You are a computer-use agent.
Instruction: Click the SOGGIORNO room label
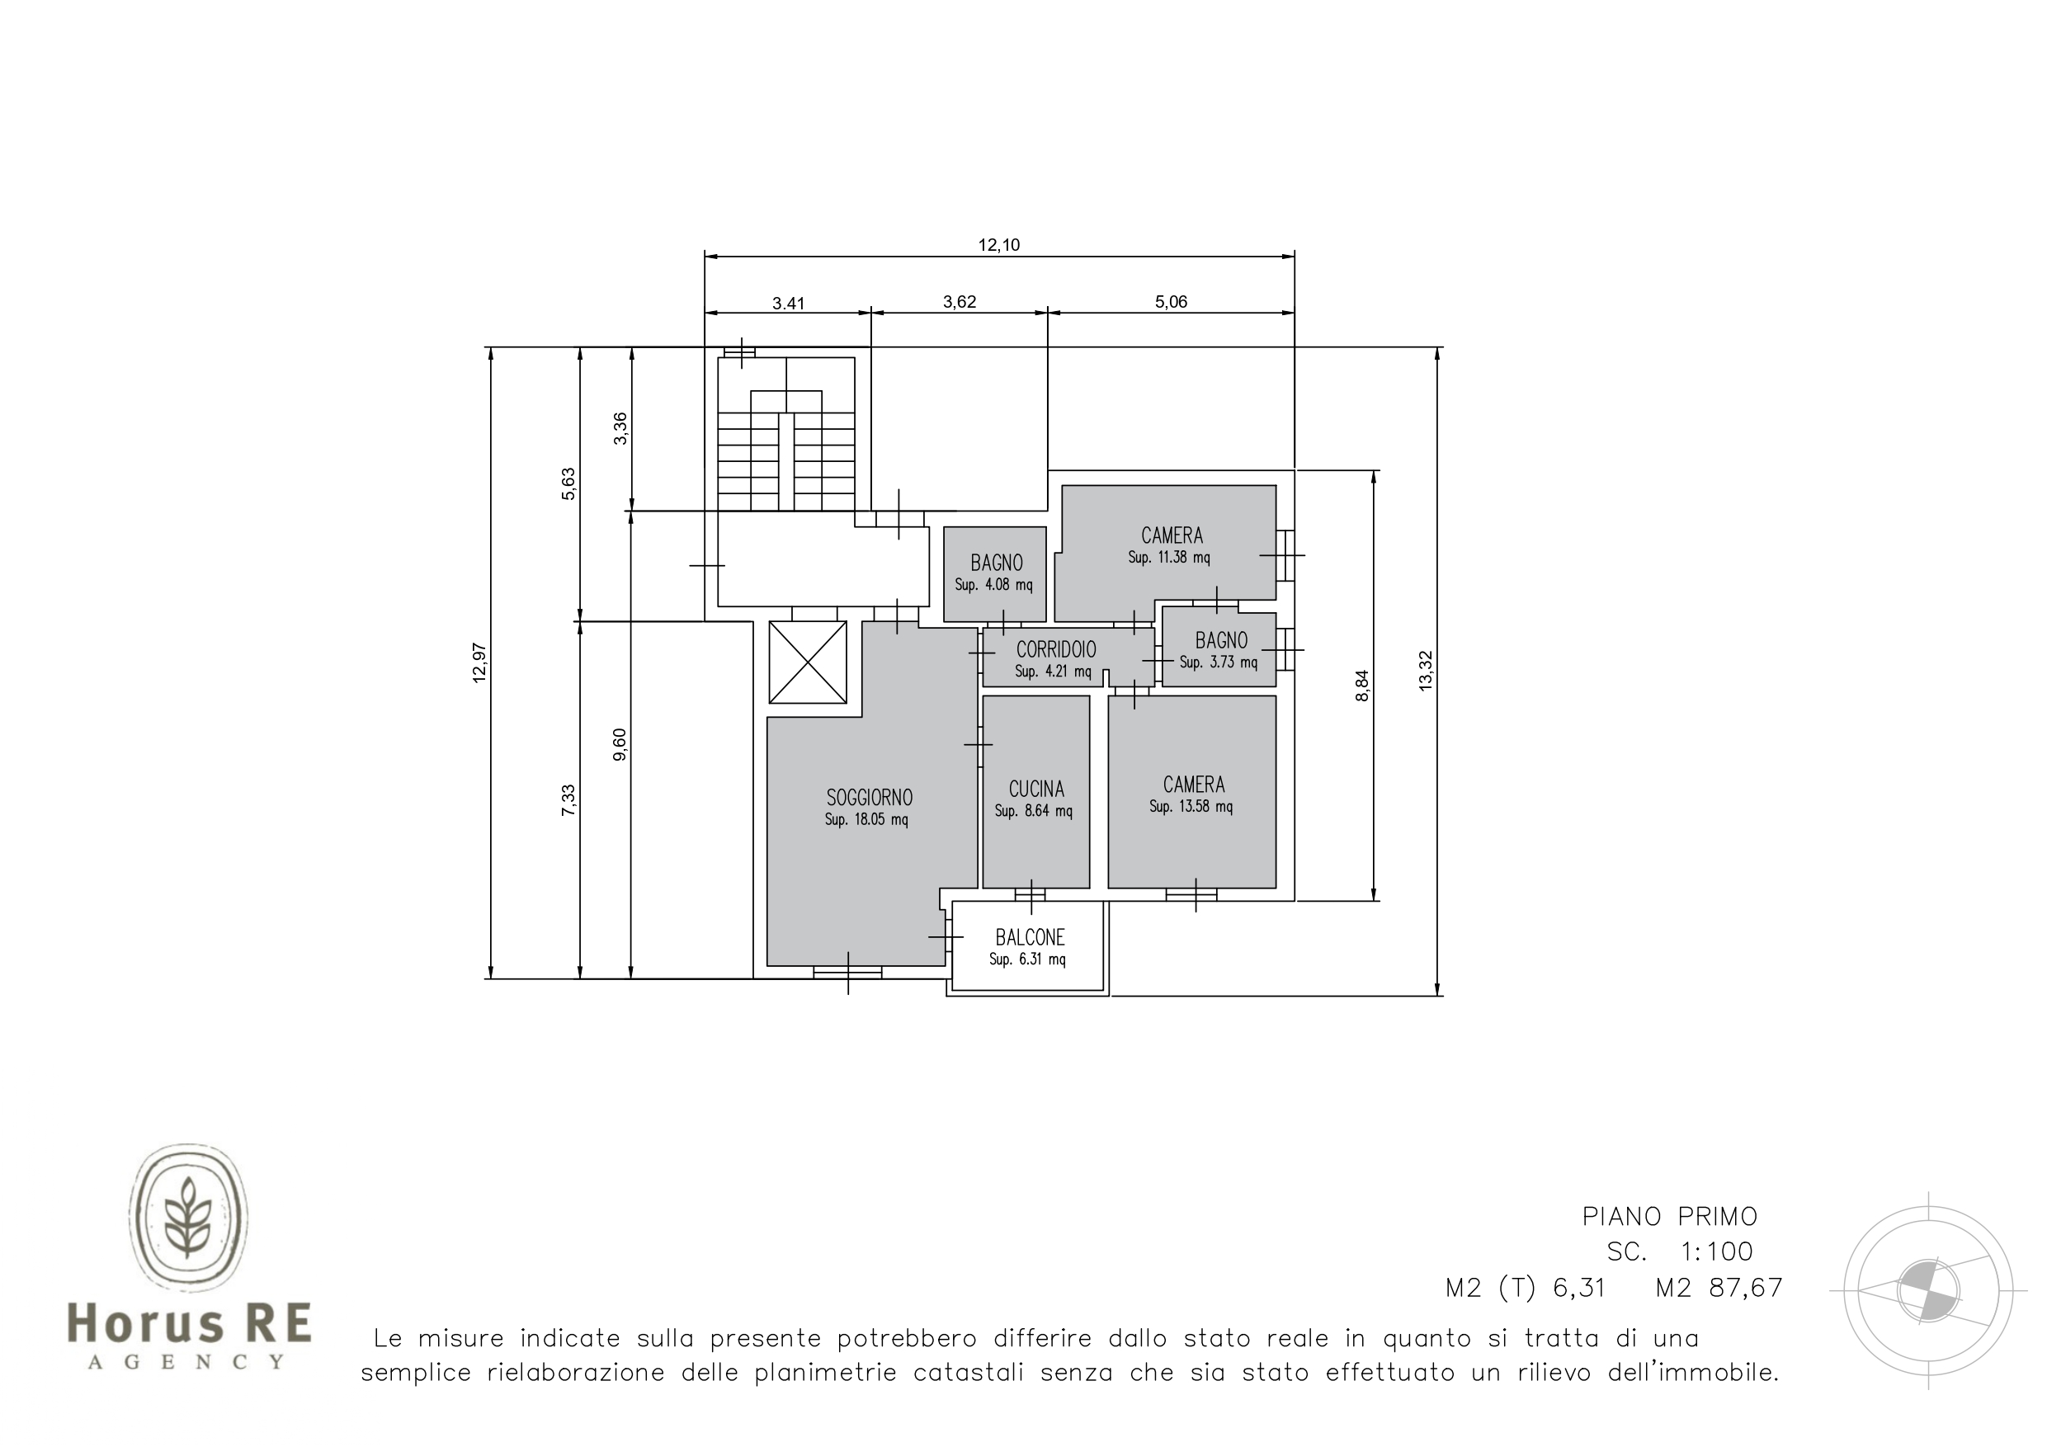point(870,797)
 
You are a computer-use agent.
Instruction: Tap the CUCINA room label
point(1036,789)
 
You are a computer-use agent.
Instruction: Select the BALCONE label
point(1030,937)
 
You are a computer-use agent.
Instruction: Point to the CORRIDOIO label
point(1056,650)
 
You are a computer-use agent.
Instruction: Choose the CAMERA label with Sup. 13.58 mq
point(1194,785)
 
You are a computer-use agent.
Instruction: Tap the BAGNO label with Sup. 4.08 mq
point(996,563)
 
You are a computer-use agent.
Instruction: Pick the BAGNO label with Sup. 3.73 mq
point(1220,640)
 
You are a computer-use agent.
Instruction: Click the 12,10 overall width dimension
point(998,245)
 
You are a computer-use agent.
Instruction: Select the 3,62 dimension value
point(960,302)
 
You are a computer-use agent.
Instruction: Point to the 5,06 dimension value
point(1171,302)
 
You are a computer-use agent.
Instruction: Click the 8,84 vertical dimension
point(1361,686)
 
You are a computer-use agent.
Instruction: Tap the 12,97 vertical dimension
point(479,662)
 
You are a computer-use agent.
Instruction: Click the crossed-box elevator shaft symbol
point(807,662)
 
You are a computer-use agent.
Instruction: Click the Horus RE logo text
point(189,1322)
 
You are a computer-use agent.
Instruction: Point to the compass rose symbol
point(1927,1290)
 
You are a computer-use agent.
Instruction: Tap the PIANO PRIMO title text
point(1670,1216)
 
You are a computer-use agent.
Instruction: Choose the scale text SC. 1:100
point(1680,1251)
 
